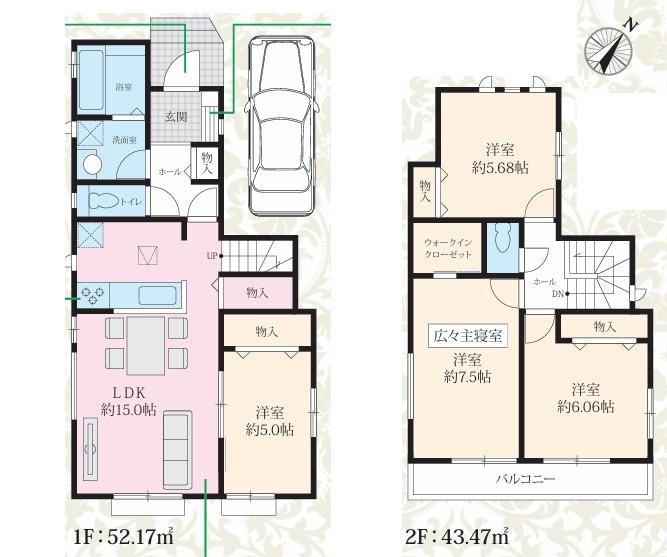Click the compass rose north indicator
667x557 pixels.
click(609, 50)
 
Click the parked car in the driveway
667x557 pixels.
click(281, 125)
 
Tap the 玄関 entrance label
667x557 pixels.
click(176, 117)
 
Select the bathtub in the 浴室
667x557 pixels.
click(91, 80)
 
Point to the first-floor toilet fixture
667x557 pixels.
click(103, 200)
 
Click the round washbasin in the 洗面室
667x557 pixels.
click(91, 165)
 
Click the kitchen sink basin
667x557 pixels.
click(157, 295)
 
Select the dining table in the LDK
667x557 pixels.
click(146, 346)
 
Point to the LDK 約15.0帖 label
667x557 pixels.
click(128, 401)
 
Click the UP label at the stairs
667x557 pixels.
click(211, 256)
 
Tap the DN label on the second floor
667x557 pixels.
click(558, 294)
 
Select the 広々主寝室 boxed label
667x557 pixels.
click(467, 336)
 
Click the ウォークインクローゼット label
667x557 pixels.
click(448, 249)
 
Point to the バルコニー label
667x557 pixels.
click(526, 480)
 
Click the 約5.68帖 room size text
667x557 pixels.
click(500, 168)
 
